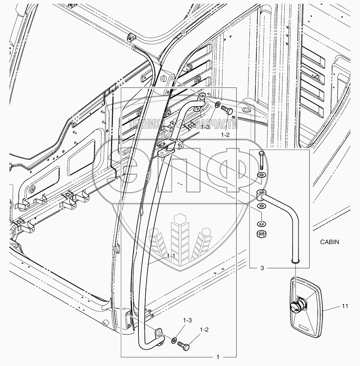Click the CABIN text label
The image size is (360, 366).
point(330,242)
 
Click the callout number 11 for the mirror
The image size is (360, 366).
point(345,306)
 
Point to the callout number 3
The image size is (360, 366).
point(262,268)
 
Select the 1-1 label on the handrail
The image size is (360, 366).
point(171,255)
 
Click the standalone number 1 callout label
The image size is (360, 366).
point(218,357)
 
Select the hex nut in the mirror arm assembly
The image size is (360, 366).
point(261,234)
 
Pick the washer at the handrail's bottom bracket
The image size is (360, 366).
point(174,340)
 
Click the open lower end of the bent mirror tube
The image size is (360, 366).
point(296,261)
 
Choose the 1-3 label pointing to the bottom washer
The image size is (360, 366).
point(187,320)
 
